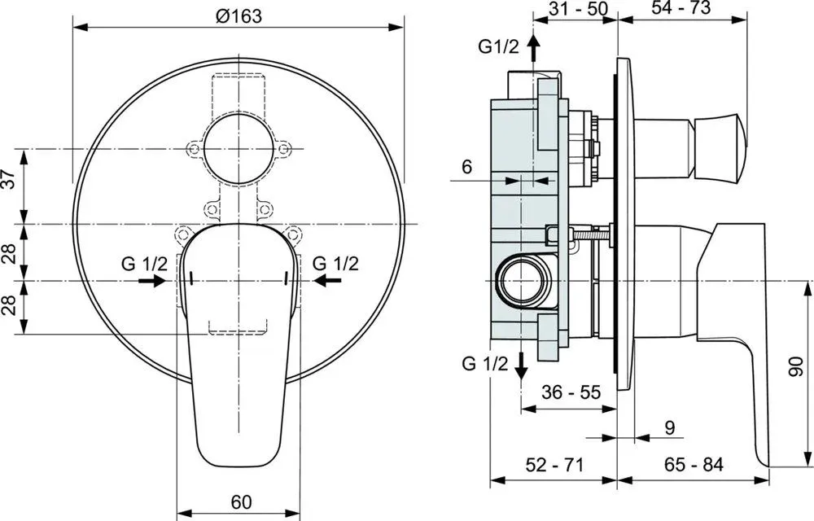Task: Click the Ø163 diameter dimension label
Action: [x=239, y=16]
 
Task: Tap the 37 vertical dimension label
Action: [x=9, y=180]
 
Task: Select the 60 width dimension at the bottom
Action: [x=242, y=501]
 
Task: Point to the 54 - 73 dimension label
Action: [x=680, y=8]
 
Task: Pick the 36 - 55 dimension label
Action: [x=571, y=392]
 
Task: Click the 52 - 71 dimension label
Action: [x=554, y=465]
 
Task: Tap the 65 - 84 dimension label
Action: [x=694, y=465]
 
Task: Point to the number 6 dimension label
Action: [x=466, y=167]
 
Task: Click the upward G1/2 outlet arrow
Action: [x=533, y=48]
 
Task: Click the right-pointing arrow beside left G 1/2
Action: [x=151, y=281]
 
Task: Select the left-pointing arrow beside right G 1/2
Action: [x=328, y=281]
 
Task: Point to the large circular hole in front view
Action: [x=239, y=149]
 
